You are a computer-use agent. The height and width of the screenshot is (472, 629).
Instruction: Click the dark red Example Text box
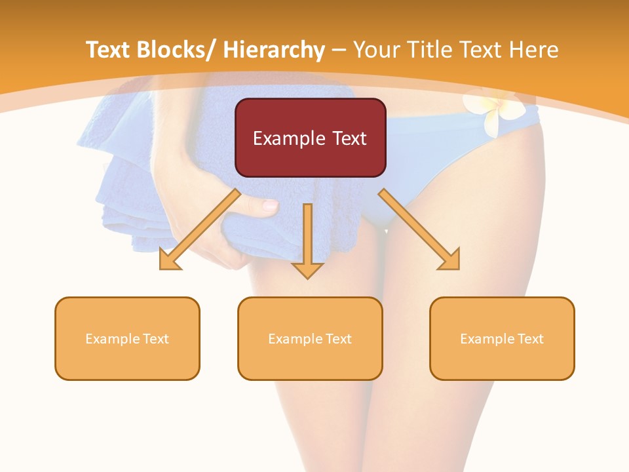[310, 138]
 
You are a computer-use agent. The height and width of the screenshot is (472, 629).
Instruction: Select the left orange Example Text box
[127, 338]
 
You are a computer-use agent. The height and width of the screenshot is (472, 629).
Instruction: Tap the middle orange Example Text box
[310, 338]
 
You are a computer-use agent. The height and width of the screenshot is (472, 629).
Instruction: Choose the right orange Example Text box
[502, 338]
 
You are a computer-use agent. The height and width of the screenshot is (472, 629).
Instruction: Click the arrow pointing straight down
[307, 239]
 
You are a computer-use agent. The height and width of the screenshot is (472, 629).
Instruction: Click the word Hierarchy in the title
[274, 50]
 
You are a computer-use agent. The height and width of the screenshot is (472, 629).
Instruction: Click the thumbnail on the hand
[269, 206]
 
